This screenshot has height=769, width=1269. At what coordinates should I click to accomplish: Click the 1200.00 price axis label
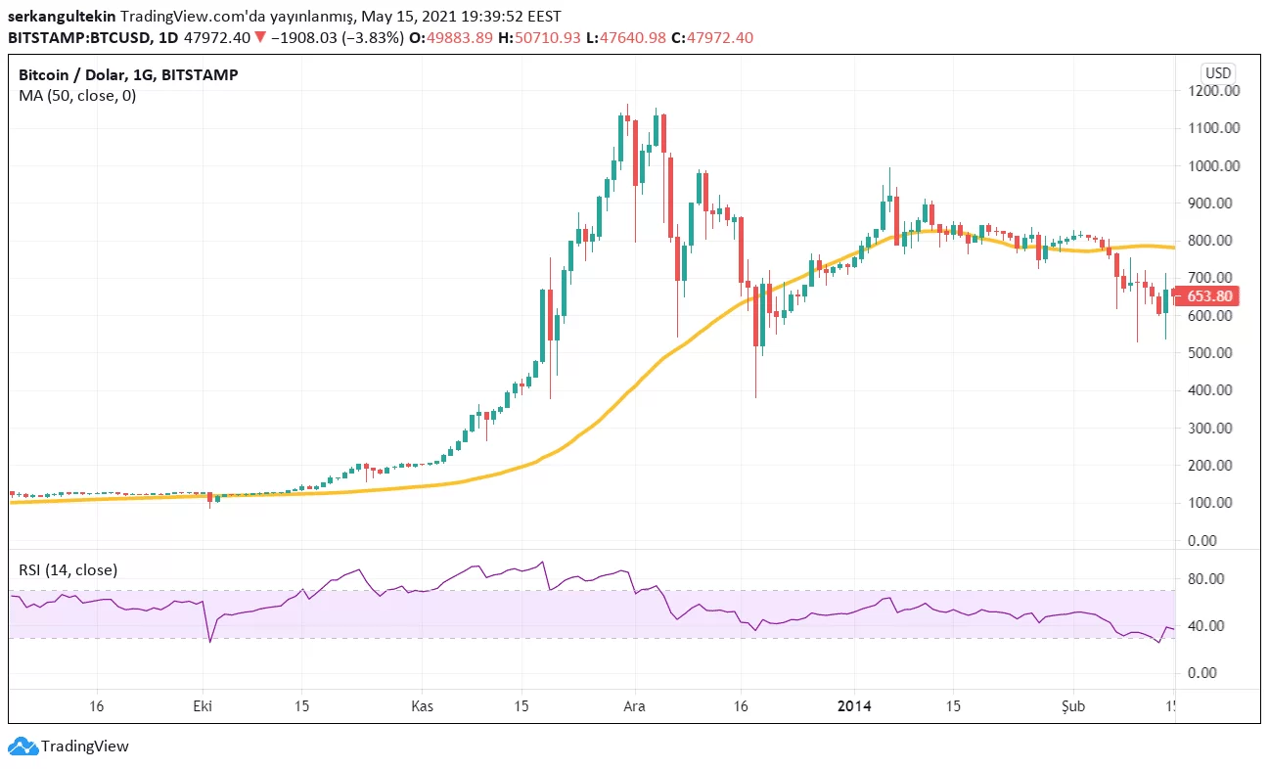tap(1214, 91)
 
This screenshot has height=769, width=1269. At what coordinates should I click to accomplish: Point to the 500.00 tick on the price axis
tap(1214, 353)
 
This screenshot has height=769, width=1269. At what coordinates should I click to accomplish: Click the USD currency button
tap(1218, 73)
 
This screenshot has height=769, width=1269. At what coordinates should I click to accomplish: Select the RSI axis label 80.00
tap(1214, 579)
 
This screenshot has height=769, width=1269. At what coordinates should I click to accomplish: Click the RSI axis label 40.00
tap(1214, 626)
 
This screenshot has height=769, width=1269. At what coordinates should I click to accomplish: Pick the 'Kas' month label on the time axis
tap(422, 706)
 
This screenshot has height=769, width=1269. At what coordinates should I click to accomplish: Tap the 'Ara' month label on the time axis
tap(635, 706)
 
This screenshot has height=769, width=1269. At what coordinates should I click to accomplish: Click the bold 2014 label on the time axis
tap(854, 706)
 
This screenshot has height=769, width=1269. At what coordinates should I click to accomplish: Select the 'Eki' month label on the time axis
tap(203, 706)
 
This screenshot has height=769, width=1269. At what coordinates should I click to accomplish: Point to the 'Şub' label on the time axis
tap(1073, 706)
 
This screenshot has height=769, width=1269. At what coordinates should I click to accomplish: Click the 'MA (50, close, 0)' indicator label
tap(77, 96)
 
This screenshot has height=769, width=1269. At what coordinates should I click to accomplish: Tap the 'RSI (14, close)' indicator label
tap(68, 569)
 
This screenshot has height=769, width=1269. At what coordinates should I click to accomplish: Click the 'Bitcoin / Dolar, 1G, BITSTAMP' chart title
tap(128, 75)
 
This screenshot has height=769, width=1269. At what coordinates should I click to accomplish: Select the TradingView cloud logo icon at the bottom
tap(23, 746)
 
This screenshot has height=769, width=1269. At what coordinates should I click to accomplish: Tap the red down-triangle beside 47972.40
tap(259, 37)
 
